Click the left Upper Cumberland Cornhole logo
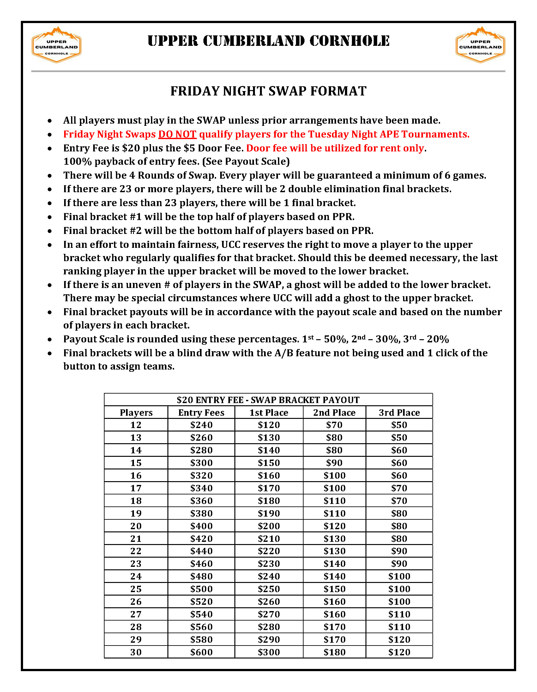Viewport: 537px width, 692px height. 56,45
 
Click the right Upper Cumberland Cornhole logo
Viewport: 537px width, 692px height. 480,45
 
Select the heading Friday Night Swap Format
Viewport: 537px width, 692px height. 268,91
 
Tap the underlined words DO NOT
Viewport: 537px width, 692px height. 177,134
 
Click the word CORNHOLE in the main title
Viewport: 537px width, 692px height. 349,41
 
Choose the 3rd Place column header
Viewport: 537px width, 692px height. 399,413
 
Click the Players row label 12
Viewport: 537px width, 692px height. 136,425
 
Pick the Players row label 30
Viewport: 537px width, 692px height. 136,652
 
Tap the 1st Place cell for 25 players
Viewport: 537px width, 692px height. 269,589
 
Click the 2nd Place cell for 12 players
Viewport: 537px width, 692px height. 334,425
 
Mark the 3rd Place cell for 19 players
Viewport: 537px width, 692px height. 399,513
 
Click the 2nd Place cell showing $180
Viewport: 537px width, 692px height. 334,652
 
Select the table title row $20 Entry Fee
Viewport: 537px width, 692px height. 268,400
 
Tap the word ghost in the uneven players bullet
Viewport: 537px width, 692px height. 306,285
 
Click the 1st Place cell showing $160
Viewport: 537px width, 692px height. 269,475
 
